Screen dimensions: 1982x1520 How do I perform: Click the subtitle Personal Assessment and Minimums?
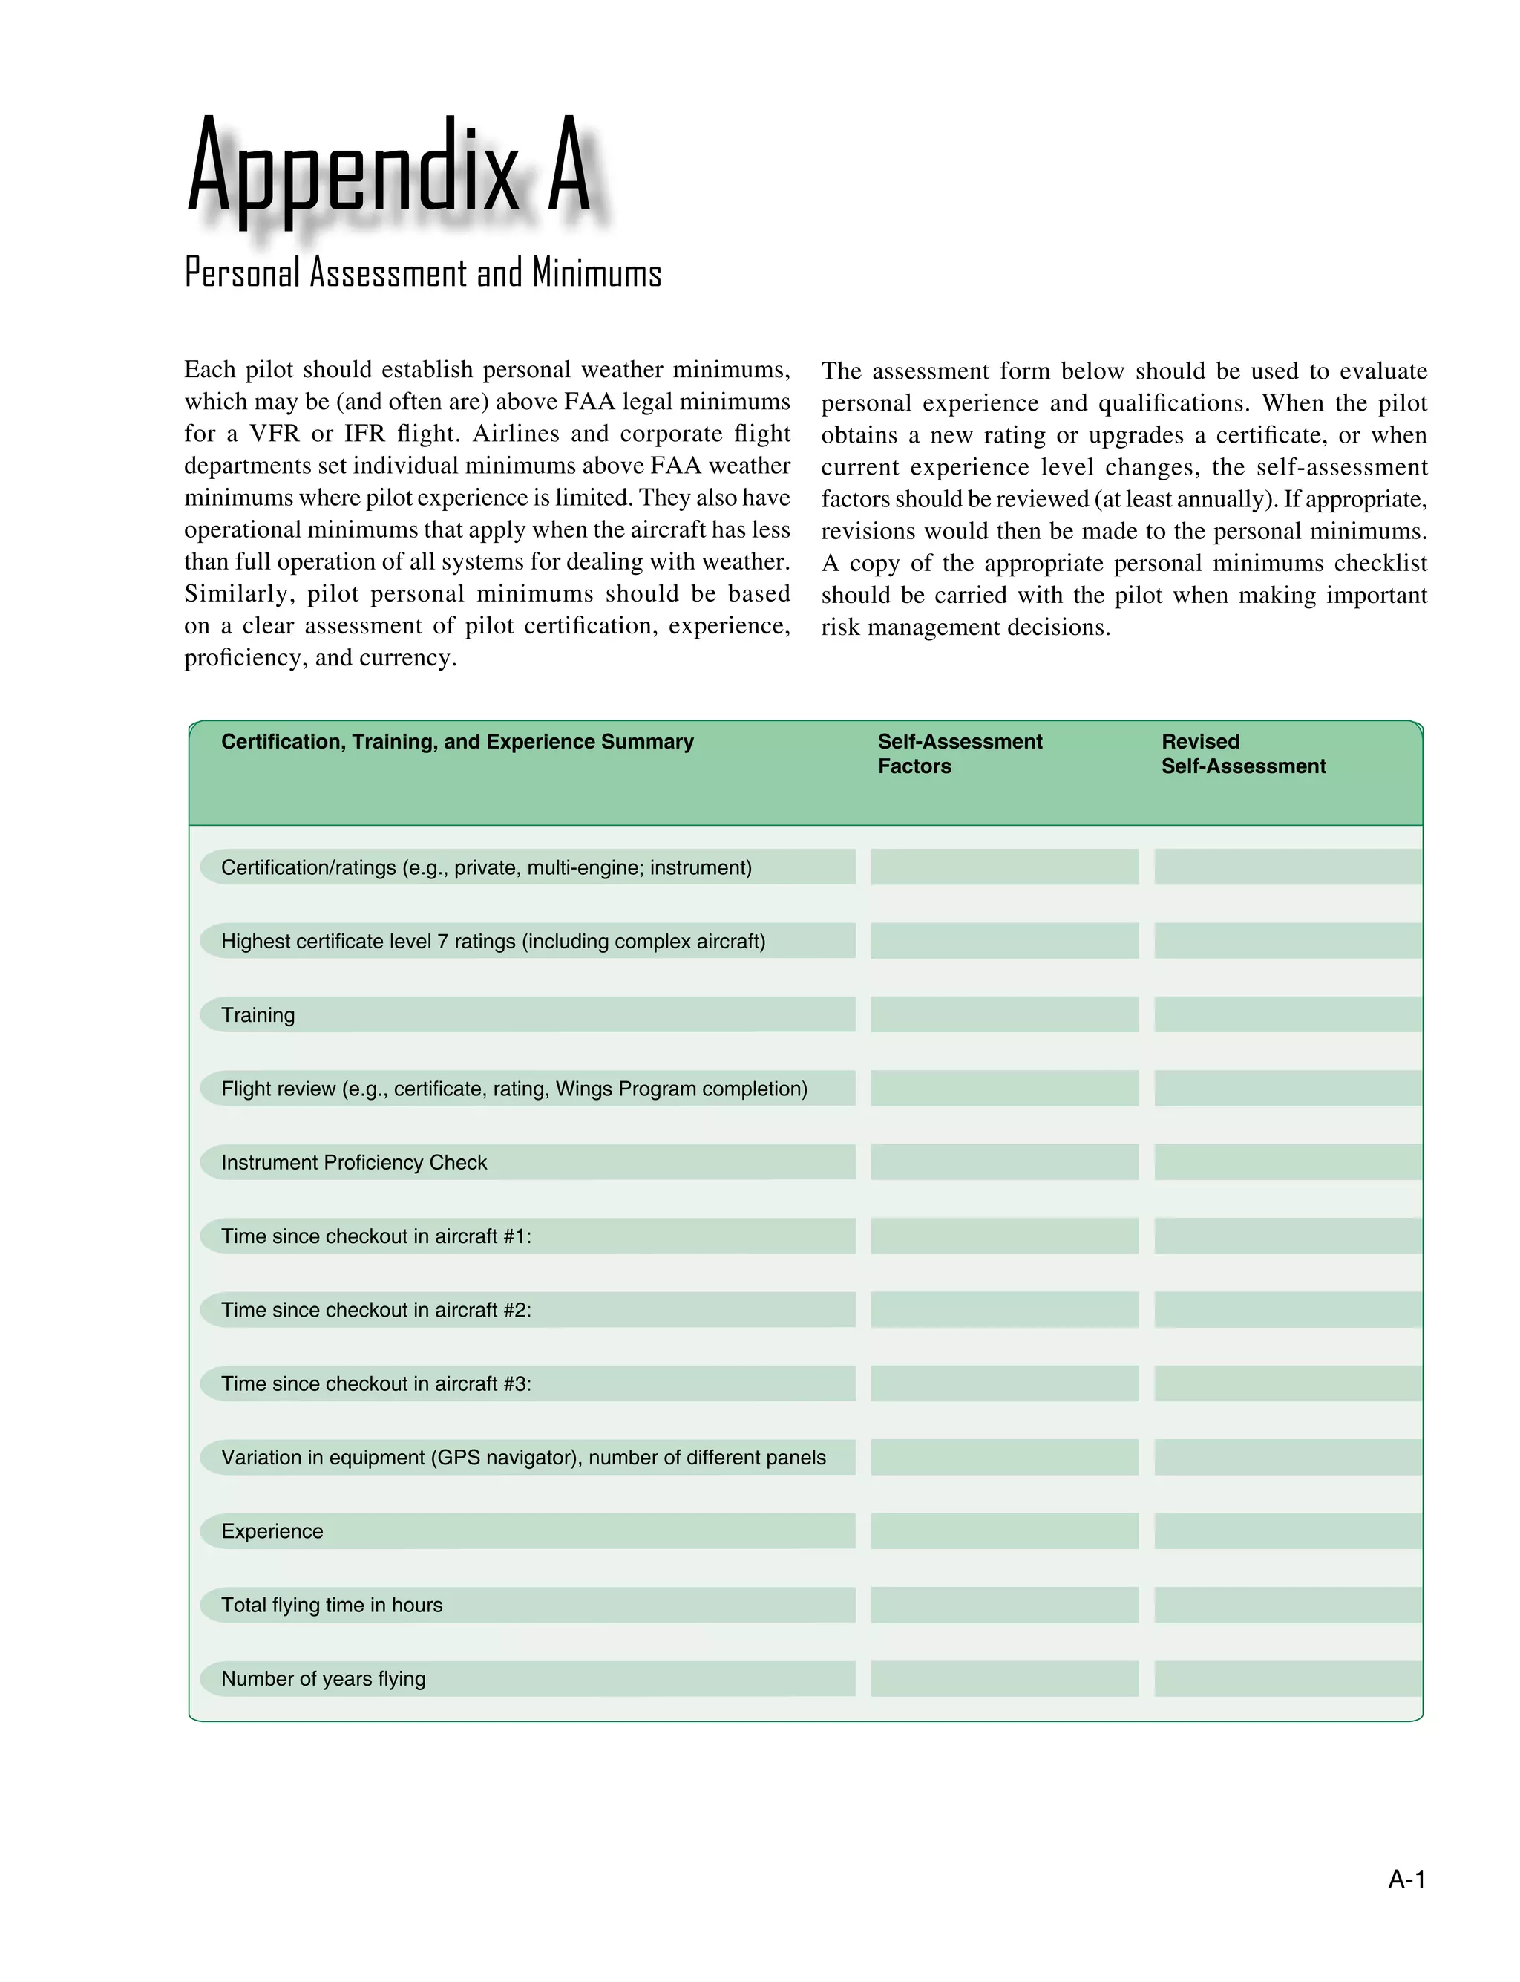[422, 273]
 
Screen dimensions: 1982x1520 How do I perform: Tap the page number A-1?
[1406, 1880]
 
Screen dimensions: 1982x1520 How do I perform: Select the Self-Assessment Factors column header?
[959, 753]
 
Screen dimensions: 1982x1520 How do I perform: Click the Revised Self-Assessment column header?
[1242, 753]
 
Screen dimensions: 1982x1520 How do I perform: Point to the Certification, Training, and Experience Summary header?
[457, 741]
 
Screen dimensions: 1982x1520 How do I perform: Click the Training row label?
[258, 1014]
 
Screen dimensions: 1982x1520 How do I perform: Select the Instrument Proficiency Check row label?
[354, 1162]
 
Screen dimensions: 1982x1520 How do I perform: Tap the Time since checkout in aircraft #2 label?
[376, 1309]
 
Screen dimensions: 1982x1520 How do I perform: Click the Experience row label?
[272, 1530]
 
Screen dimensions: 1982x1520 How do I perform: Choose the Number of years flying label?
[323, 1678]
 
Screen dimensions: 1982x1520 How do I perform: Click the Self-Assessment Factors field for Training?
[1004, 1014]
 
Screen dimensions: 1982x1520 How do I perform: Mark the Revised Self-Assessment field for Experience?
[1288, 1530]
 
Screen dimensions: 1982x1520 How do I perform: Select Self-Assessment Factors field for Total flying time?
[1004, 1605]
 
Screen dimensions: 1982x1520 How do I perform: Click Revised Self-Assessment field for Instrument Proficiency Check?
[1288, 1162]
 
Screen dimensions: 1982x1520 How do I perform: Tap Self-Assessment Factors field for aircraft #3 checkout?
[1004, 1383]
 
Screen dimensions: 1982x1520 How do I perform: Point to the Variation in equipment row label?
[523, 1457]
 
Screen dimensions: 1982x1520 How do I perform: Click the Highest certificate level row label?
[493, 941]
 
